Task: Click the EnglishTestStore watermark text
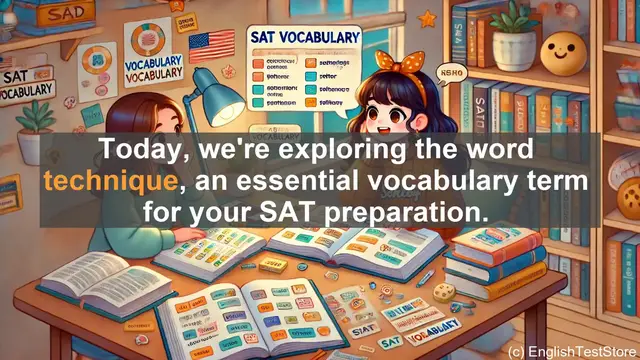[x=568, y=351]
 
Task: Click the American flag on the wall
[x=210, y=47]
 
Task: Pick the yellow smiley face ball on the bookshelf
[x=566, y=47]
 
